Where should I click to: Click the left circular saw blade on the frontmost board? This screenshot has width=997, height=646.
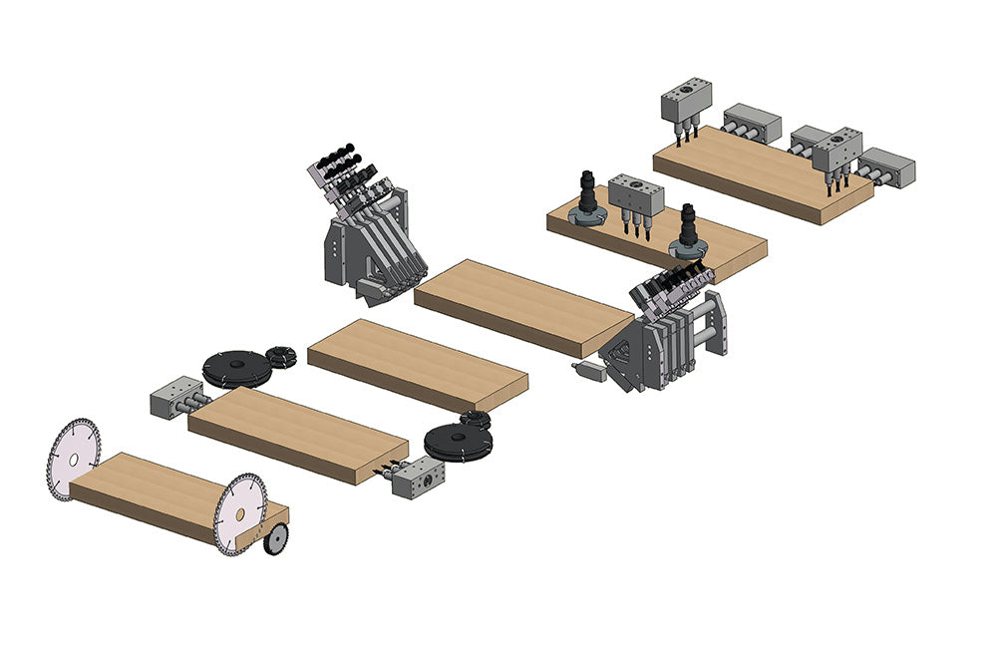click(74, 460)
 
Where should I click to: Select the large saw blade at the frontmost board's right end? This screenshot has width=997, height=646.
click(240, 514)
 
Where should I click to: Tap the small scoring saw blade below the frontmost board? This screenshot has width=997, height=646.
click(276, 539)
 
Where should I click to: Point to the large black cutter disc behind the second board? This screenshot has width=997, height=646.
click(237, 368)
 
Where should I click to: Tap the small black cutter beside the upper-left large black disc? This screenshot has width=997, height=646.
click(281, 355)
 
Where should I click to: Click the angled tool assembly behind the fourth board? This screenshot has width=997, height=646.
click(364, 224)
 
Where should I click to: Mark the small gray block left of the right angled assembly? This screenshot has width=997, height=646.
click(589, 371)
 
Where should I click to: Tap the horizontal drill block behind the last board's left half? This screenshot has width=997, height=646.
click(751, 122)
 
